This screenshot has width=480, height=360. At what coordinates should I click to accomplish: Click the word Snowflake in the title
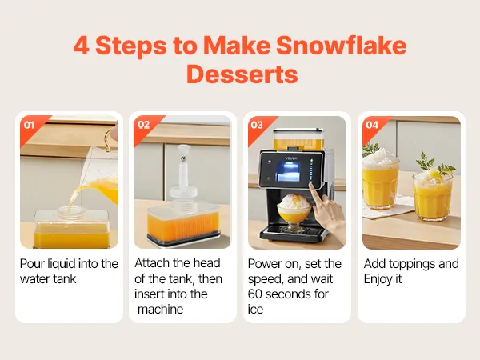pyautogui.click(x=341, y=46)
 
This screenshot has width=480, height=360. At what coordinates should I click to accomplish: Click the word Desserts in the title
pyautogui.click(x=242, y=74)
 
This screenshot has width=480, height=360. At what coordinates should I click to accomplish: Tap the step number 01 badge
pyautogui.click(x=29, y=125)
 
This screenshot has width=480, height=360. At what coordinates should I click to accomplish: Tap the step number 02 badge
pyautogui.click(x=143, y=125)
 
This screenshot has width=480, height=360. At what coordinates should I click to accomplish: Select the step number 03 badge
pyautogui.click(x=257, y=125)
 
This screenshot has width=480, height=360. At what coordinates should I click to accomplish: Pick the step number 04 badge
pyautogui.click(x=372, y=125)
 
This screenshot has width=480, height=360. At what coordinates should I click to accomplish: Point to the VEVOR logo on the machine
pyautogui.click(x=291, y=158)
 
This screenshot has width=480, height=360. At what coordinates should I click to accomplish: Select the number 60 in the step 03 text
pyautogui.click(x=254, y=294)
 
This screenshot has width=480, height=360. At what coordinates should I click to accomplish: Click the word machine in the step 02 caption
pyautogui.click(x=161, y=309)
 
